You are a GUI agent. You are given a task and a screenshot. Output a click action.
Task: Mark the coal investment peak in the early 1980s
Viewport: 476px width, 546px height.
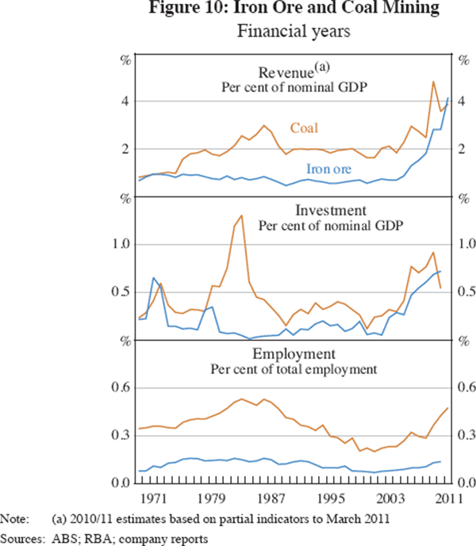point(241,216)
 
